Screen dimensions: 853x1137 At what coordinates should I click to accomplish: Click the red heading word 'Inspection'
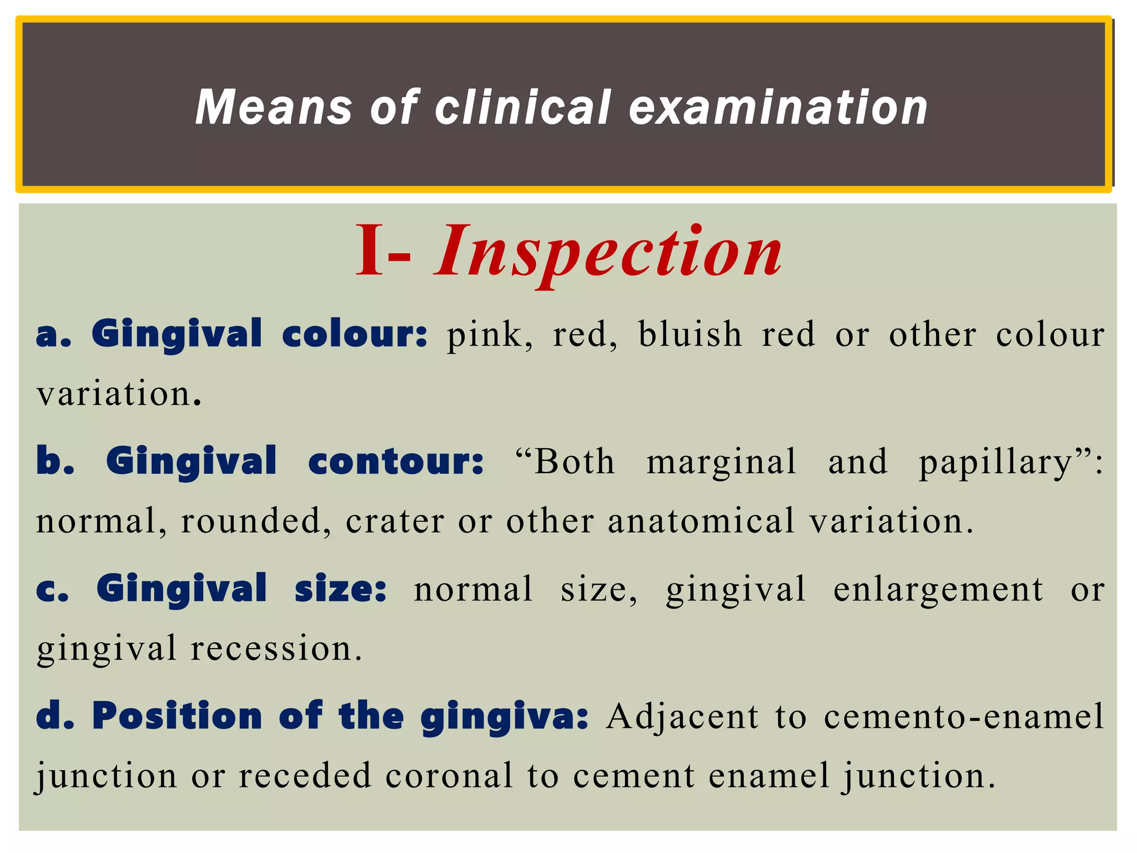[x=608, y=253]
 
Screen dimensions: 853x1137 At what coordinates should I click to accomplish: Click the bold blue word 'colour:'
[x=355, y=335]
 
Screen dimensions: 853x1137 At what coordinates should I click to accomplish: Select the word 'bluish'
[x=690, y=335]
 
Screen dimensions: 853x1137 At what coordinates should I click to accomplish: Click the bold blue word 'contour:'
[x=396, y=462]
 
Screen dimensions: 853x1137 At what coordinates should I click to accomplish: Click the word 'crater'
[x=395, y=522]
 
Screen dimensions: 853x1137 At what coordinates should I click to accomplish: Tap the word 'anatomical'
[x=701, y=522]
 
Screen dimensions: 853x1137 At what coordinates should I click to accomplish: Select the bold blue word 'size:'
[x=340, y=590]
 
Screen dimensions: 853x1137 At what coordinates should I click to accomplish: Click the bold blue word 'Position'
[x=177, y=716]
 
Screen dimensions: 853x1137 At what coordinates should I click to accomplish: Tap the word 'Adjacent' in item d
[x=682, y=716]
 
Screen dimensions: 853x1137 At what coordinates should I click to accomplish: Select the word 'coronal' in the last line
[x=449, y=776]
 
